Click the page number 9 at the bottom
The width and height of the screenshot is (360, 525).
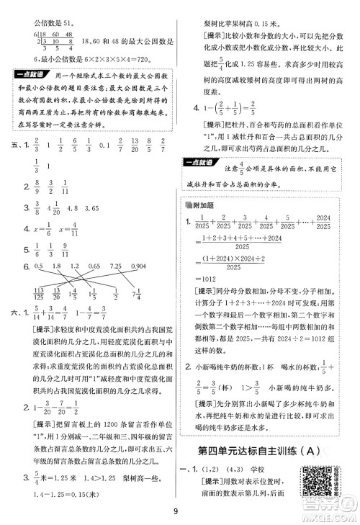pyautogui.click(x=179, y=513)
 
